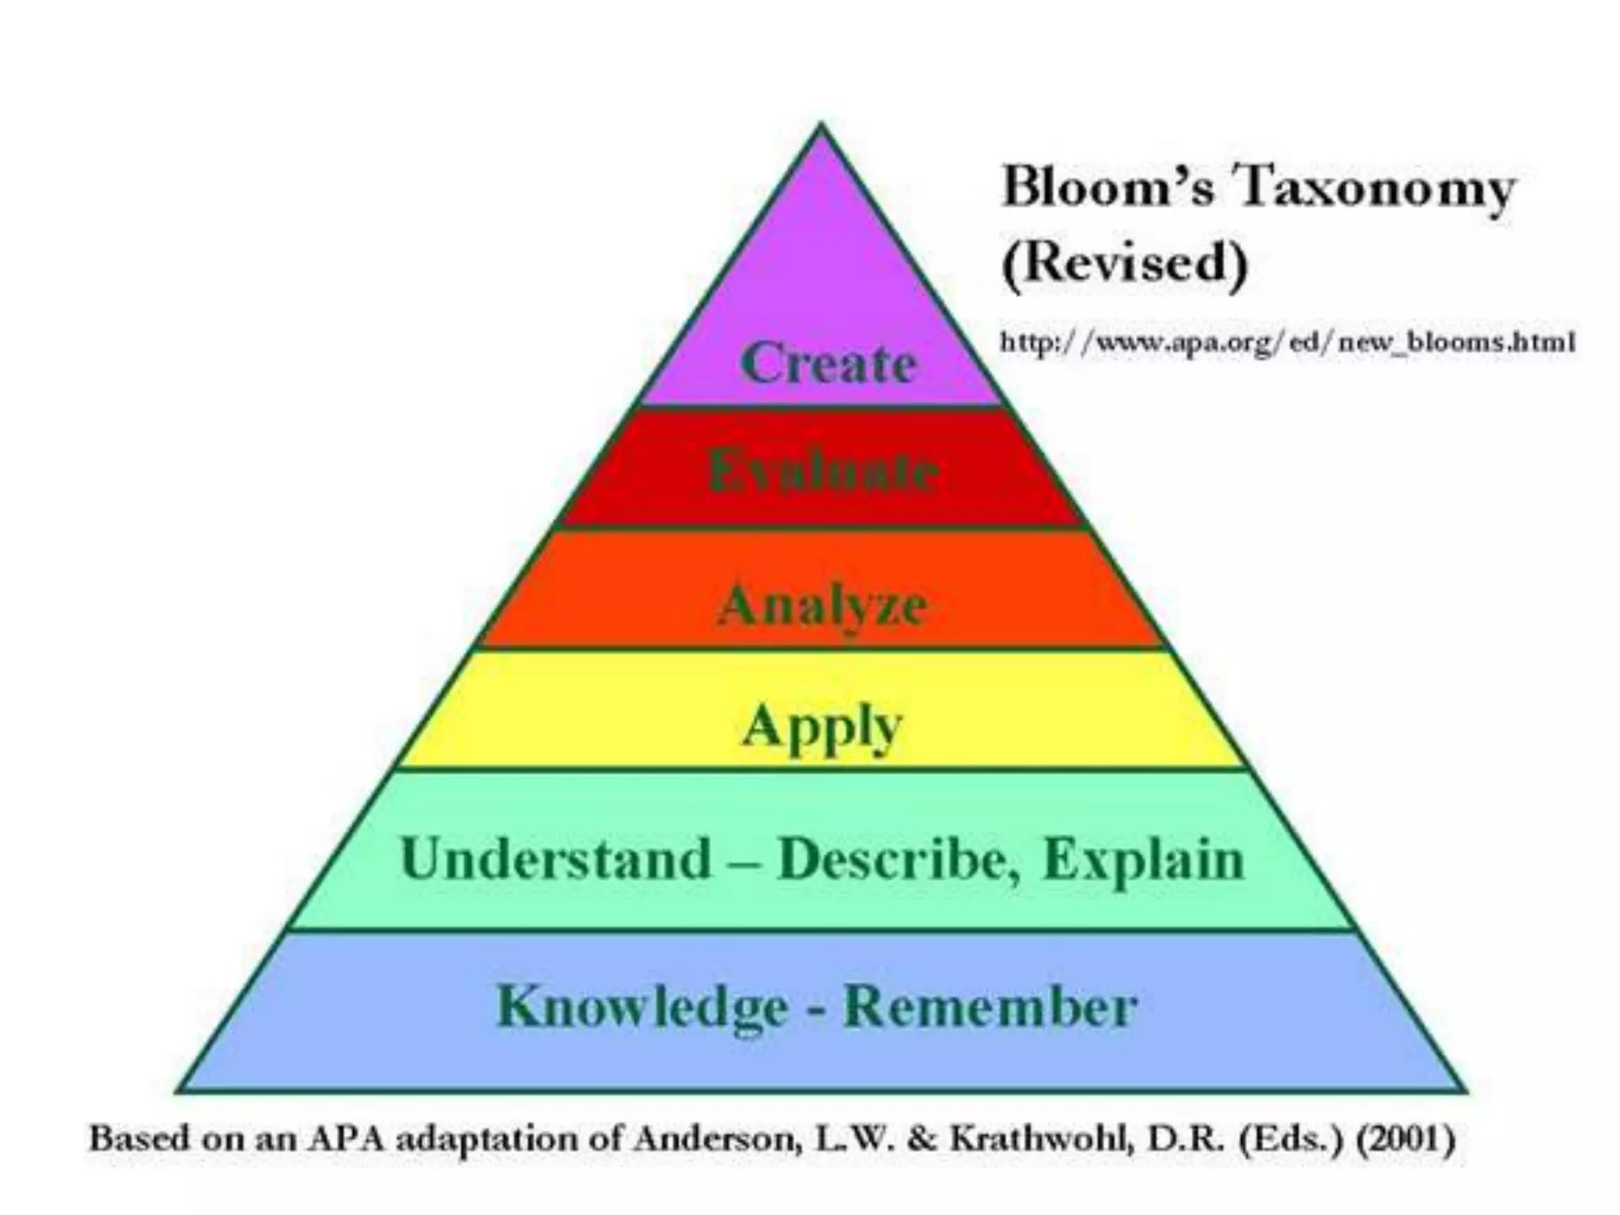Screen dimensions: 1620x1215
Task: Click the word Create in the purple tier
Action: [x=828, y=363]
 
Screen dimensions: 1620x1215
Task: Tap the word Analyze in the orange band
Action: [x=823, y=606]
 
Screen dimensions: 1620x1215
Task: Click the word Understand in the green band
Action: [x=556, y=858]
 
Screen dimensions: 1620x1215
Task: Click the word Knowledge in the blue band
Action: [x=642, y=1007]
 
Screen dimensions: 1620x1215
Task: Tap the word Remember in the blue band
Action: [x=990, y=1007]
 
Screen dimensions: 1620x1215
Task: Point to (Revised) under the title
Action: [x=1124, y=263]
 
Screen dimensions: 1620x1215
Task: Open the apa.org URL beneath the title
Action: [x=1288, y=342]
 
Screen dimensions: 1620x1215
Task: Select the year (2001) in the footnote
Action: [x=1406, y=1140]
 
